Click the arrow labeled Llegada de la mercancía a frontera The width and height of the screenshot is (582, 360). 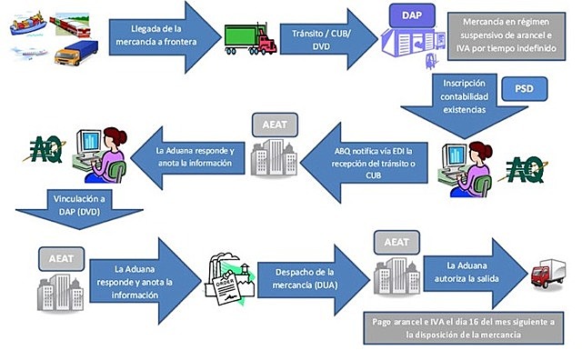coord(155,36)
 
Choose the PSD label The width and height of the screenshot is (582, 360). coord(524,90)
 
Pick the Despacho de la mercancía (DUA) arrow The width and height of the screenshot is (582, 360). coord(305,275)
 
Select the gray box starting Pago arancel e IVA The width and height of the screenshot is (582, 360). coord(469,329)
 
